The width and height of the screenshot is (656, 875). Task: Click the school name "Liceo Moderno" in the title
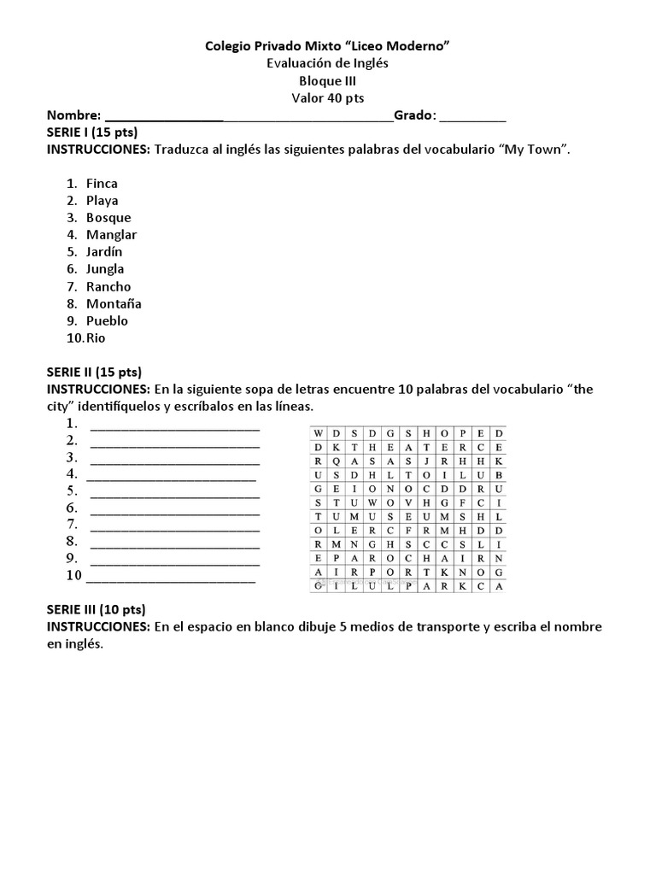tap(401, 45)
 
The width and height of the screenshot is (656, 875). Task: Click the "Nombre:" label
tap(73, 115)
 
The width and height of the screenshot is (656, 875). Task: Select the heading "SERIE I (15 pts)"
tap(92, 132)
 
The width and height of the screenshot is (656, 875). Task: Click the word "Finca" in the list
tap(102, 184)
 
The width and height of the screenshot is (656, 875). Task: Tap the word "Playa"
tap(102, 201)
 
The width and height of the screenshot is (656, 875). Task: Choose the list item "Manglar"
tap(111, 235)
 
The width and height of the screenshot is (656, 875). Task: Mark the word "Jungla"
tap(105, 269)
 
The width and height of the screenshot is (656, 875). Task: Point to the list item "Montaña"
tap(114, 303)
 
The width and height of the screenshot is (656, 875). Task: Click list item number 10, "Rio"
tap(96, 338)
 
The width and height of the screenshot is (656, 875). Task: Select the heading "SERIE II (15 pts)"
tap(94, 372)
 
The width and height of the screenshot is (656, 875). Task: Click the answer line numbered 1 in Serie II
tap(174, 426)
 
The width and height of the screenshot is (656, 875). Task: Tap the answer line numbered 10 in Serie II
tap(171, 578)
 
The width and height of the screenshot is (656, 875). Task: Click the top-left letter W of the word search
tap(319, 433)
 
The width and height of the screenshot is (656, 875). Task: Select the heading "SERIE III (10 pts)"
tap(96, 609)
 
